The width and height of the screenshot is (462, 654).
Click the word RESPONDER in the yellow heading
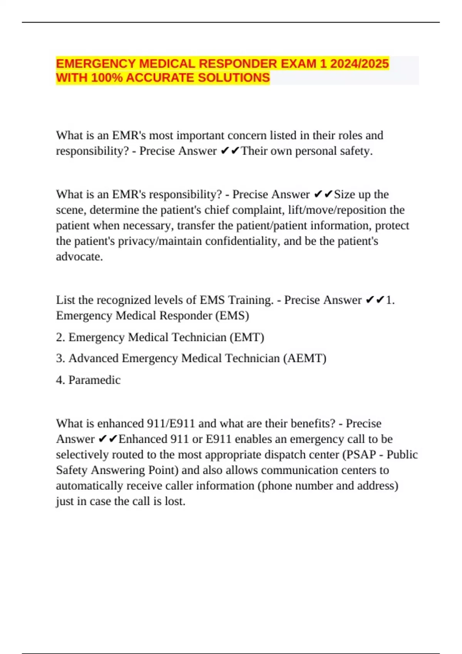(237, 63)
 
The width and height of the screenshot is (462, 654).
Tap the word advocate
(79, 257)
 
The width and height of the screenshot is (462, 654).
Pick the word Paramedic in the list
(94, 380)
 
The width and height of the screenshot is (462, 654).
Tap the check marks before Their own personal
(230, 151)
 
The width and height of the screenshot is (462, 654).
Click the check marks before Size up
(323, 195)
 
